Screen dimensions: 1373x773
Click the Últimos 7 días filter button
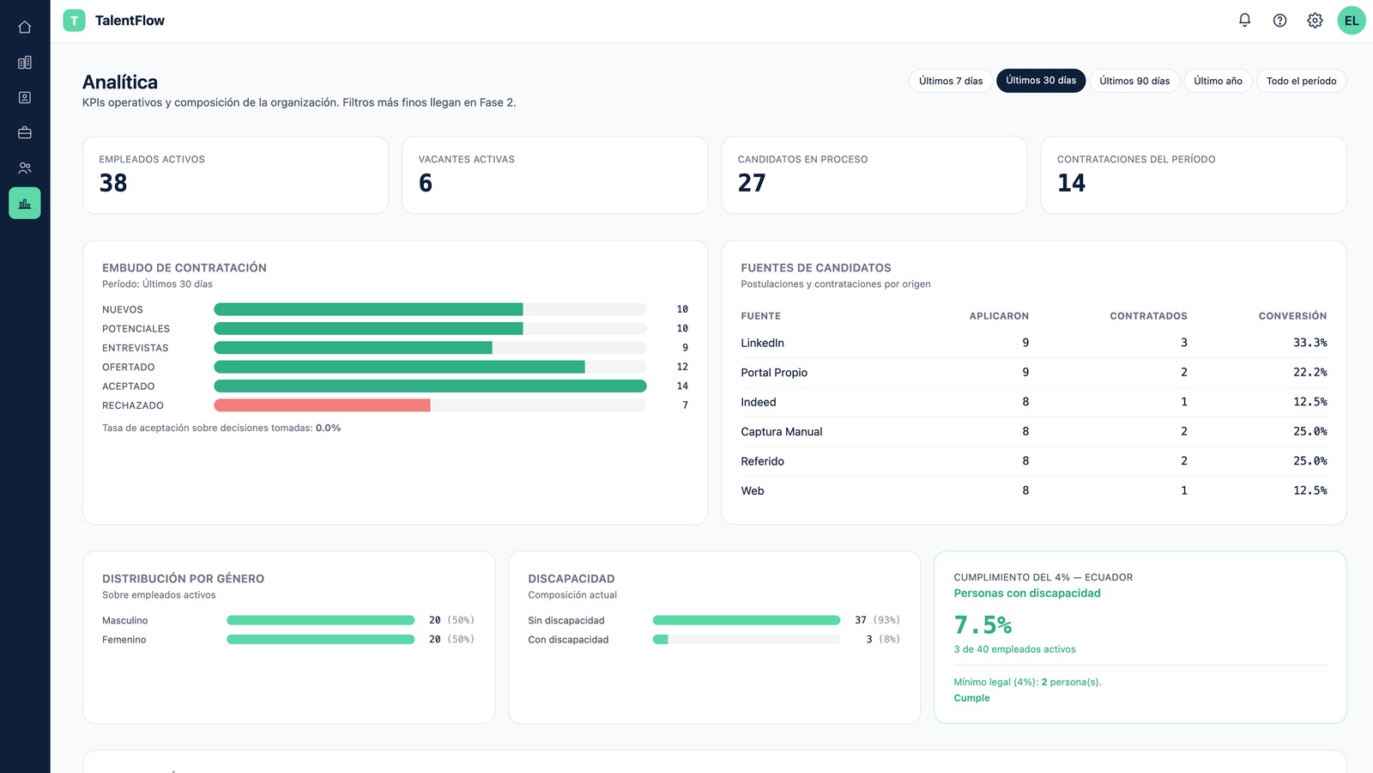click(x=950, y=81)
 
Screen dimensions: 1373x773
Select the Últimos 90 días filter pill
click(x=1134, y=81)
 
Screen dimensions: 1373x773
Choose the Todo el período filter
click(x=1301, y=81)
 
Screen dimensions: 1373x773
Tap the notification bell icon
click(x=1244, y=21)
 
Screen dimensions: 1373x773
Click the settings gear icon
click(x=1315, y=21)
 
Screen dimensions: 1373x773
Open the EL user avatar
click(x=1351, y=21)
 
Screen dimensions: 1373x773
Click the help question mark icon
click(x=1279, y=21)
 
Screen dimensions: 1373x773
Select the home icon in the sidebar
click(x=25, y=27)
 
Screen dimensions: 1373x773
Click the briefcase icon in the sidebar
click(x=25, y=132)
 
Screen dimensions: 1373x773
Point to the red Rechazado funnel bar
click(x=322, y=405)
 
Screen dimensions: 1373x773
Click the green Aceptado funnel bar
click(x=430, y=386)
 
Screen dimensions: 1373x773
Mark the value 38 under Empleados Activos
click(x=113, y=183)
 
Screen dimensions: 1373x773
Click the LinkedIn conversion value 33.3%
click(x=1309, y=343)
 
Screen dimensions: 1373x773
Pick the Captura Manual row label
click(x=782, y=431)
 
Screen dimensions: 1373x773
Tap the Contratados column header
click(x=1148, y=316)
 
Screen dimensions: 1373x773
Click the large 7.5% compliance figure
click(x=983, y=625)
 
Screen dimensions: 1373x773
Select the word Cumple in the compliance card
click(x=971, y=697)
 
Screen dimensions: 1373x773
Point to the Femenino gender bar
click(x=321, y=639)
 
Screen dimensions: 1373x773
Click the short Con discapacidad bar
click(x=660, y=639)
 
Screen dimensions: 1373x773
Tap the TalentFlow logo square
click(x=74, y=21)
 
